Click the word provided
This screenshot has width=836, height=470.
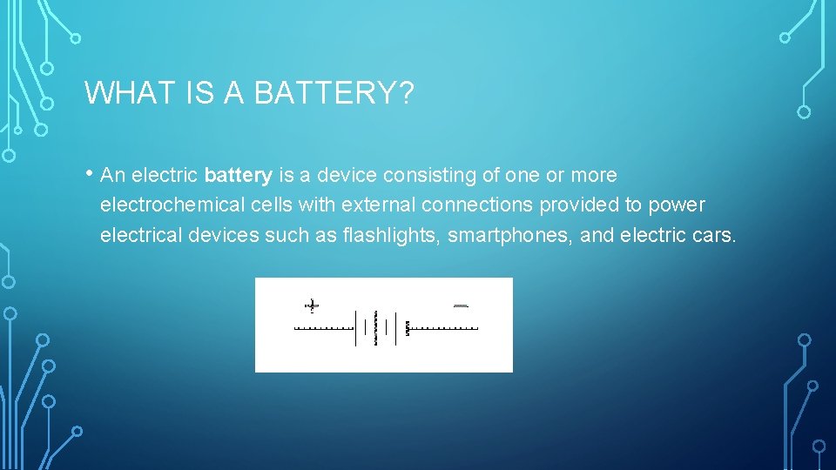pyautogui.click(x=576, y=205)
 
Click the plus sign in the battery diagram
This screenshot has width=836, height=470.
pyautogui.click(x=312, y=305)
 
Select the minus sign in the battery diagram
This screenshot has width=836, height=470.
pyautogui.click(x=462, y=305)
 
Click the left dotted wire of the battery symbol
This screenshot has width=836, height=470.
pyautogui.click(x=324, y=329)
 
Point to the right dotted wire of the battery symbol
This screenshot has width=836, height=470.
pyautogui.click(x=443, y=329)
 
